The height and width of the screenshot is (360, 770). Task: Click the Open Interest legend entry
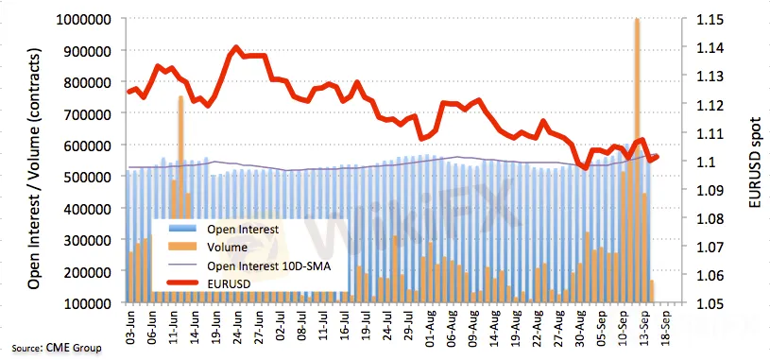(225, 230)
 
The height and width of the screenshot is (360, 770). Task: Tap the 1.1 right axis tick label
(705, 162)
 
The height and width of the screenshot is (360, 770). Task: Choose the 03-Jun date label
(130, 326)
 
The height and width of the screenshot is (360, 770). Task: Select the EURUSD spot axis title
(756, 162)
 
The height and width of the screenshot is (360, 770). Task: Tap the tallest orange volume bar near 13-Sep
(637, 160)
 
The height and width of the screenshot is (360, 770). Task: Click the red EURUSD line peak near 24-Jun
(235, 48)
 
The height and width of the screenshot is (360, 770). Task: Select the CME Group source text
(57, 349)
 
